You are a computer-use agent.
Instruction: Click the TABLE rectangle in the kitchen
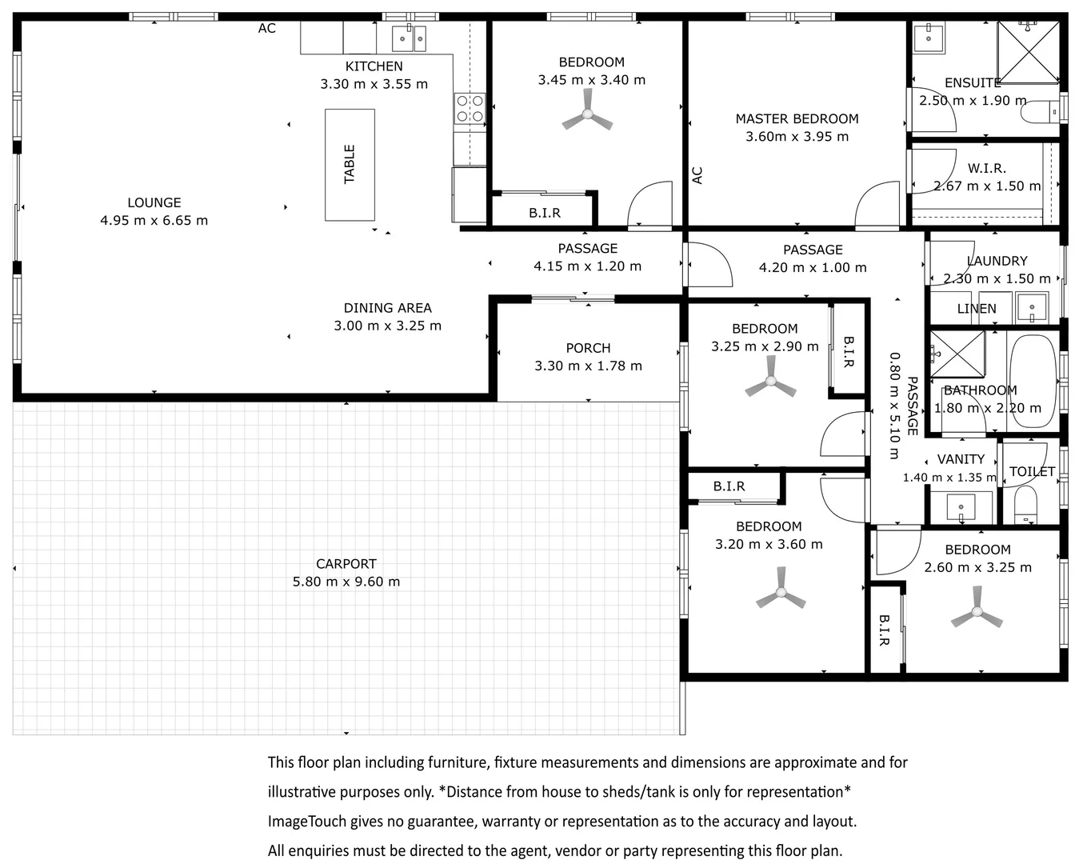(350, 164)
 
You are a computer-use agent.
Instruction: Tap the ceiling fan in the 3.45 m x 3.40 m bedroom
(588, 115)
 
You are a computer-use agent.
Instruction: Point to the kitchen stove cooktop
(470, 109)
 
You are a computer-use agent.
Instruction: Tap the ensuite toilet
(1039, 112)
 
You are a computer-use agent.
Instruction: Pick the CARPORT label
(346, 564)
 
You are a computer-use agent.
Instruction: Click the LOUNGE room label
(154, 203)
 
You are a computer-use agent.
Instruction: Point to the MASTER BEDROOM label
(797, 119)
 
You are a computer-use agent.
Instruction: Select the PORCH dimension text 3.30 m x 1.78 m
(588, 366)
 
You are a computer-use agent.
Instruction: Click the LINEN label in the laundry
(977, 309)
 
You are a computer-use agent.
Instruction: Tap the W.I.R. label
(986, 169)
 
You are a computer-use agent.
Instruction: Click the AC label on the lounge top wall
(266, 29)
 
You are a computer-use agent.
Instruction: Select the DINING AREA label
(387, 308)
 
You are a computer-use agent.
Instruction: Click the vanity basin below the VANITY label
(960, 508)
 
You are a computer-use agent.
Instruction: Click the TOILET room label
(1032, 472)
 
